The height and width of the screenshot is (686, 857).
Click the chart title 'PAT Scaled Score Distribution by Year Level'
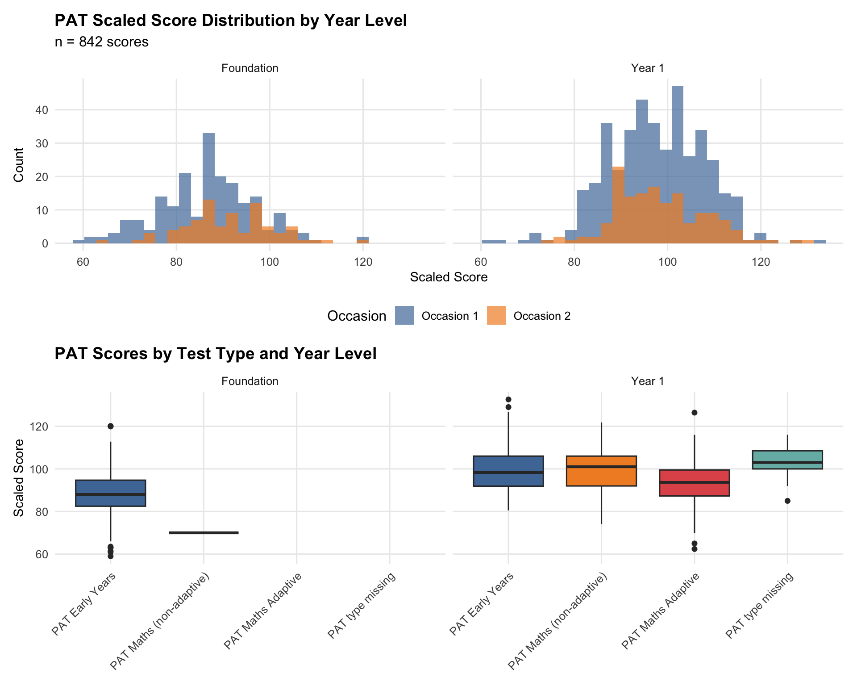[x=230, y=21]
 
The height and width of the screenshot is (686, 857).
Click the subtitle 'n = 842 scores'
[x=101, y=42]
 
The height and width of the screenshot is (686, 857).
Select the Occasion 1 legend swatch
[x=404, y=316]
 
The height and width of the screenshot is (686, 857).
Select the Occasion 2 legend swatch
[x=496, y=316]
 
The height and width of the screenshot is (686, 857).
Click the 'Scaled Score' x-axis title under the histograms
[x=449, y=277]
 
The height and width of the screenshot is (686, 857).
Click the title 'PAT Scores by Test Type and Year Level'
[x=215, y=354]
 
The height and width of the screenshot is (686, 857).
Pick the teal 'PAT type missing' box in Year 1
[x=787, y=460]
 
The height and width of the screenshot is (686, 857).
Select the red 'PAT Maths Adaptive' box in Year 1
[x=694, y=483]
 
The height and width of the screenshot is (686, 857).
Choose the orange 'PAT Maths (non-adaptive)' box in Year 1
[x=601, y=471]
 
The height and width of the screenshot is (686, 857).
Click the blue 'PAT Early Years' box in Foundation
[x=110, y=493]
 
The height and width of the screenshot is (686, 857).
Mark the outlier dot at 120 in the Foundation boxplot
[x=110, y=426]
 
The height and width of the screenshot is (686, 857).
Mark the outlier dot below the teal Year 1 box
[x=787, y=501]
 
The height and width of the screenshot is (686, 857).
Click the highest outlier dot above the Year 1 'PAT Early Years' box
[x=508, y=399]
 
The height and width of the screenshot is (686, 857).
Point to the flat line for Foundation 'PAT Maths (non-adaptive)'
[x=204, y=533]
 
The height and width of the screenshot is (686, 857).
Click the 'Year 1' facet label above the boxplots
[x=647, y=381]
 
